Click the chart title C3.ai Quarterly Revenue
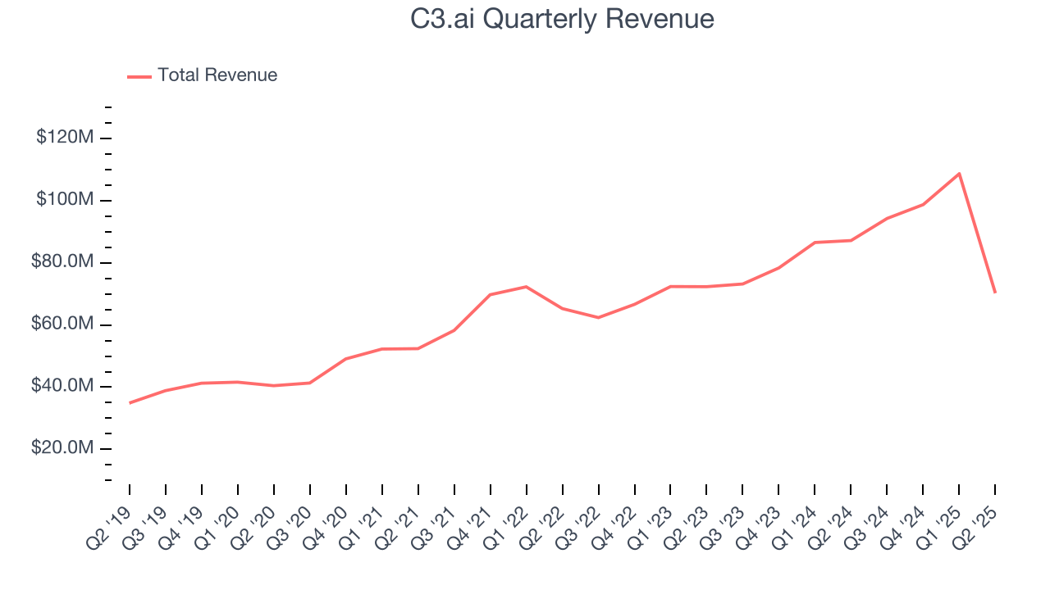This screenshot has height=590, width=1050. (562, 19)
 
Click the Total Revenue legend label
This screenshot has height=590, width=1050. (217, 75)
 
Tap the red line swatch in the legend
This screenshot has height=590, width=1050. (139, 76)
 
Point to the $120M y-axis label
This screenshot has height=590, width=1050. (64, 138)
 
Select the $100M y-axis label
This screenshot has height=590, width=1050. (64, 200)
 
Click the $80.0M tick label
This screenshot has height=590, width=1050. (61, 262)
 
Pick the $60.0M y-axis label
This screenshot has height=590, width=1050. (61, 324)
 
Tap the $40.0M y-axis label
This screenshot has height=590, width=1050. (61, 387)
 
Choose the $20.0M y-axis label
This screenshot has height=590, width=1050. (61, 449)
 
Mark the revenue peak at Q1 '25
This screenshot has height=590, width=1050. (959, 174)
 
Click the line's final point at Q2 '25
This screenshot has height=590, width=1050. (995, 293)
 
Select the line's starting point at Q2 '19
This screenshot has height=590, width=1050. (130, 403)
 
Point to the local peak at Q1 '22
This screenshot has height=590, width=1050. (526, 287)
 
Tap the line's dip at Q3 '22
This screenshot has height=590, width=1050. (598, 317)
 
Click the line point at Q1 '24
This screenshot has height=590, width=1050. (815, 243)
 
